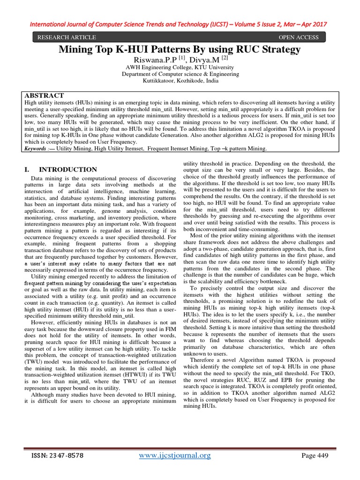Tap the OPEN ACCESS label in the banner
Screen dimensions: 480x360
[x=299, y=37]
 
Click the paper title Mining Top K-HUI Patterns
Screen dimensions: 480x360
[x=180, y=49]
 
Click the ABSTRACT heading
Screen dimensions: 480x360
[x=44, y=95]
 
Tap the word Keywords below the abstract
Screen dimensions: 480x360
[x=37, y=148]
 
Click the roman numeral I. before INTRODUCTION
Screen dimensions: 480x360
[x=26, y=170]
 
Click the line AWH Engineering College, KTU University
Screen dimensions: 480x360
[x=180, y=67]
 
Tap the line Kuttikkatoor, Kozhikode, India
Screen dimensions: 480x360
[x=180, y=81]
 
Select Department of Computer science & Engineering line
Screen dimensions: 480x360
[x=180, y=74]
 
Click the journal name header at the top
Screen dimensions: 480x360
[x=180, y=24]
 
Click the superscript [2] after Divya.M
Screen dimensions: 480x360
[x=225, y=58]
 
